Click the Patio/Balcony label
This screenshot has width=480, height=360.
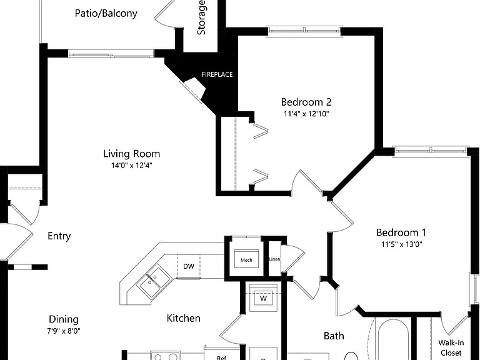pos(106,14)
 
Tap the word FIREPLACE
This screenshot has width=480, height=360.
pos(217,74)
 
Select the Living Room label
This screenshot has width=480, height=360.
pos(132,154)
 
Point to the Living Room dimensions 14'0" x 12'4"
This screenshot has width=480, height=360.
pos(132,166)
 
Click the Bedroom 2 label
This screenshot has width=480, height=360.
pos(306,102)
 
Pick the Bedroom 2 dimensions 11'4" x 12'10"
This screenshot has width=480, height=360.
pos(306,114)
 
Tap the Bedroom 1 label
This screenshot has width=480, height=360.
pos(401,232)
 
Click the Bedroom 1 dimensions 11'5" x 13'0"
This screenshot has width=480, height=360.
pos(402,244)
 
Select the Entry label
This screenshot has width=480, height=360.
pos(59,236)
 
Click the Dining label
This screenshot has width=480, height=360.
pos(64,319)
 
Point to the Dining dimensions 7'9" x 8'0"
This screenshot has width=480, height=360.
pos(64,331)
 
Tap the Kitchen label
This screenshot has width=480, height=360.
pos(184,318)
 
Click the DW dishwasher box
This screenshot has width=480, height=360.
pos(189,266)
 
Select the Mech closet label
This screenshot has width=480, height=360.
pos(246,260)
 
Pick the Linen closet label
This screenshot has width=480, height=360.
pos(274,259)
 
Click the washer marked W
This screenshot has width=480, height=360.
pos(263,298)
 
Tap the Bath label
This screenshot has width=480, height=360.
pos(334,336)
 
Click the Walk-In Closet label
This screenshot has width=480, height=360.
pos(451,348)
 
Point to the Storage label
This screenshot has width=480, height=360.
pos(201,17)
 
